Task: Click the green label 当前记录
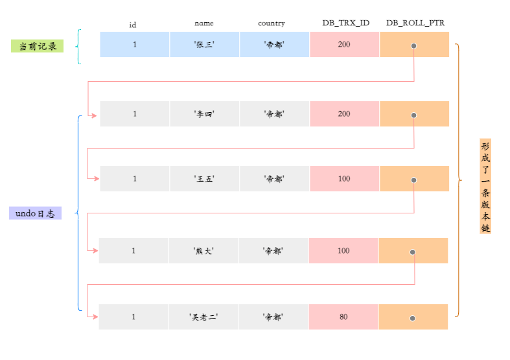(x=37, y=46)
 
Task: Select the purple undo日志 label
(x=35, y=213)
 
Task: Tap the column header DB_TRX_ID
(x=345, y=23)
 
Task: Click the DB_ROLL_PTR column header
(x=415, y=23)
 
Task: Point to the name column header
(x=204, y=23)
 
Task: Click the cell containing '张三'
(x=204, y=45)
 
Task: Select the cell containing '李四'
(x=204, y=114)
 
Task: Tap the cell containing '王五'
(x=204, y=179)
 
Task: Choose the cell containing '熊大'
(x=203, y=251)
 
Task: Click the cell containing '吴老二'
(x=203, y=317)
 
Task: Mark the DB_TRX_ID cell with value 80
(x=343, y=317)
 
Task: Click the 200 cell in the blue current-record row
(x=344, y=45)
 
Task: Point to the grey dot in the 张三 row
(x=413, y=46)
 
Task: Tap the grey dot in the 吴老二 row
(x=412, y=318)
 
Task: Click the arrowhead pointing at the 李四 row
(x=94, y=115)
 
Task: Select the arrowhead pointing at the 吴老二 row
(x=94, y=317)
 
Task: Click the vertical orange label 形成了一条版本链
(x=485, y=186)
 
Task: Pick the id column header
(x=133, y=25)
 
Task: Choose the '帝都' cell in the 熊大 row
(x=273, y=251)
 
